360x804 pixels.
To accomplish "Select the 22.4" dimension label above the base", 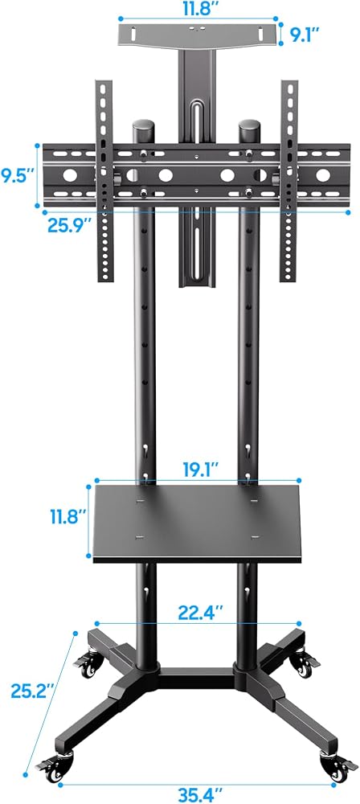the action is point(201,612).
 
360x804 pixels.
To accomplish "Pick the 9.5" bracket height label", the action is point(17,176).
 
